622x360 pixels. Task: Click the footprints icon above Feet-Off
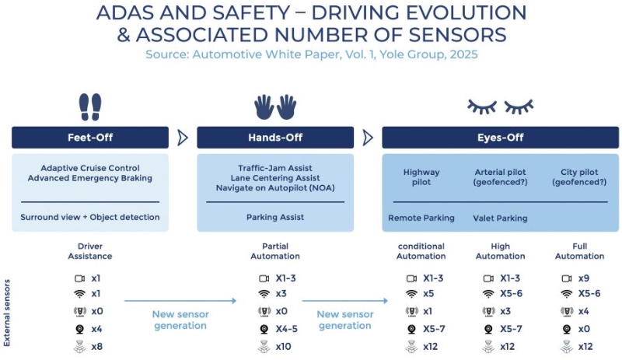point(89,106)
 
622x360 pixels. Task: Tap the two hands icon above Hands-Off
point(275,106)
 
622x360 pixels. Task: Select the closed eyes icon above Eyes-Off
point(500,106)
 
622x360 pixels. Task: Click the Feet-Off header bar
point(90,138)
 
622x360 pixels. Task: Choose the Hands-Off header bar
point(275,138)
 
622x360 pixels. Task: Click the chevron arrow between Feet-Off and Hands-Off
point(183,138)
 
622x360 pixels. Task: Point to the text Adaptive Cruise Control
point(90,168)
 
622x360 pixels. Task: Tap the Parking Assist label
point(275,218)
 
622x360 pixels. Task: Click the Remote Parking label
point(421,218)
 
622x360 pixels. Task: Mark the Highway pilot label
point(421,177)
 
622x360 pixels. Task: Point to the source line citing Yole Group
point(311,54)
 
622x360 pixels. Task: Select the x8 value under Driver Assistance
point(96,347)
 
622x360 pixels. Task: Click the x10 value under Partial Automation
point(283,347)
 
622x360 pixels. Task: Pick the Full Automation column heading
point(579,251)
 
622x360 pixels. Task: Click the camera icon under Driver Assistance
point(79,278)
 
